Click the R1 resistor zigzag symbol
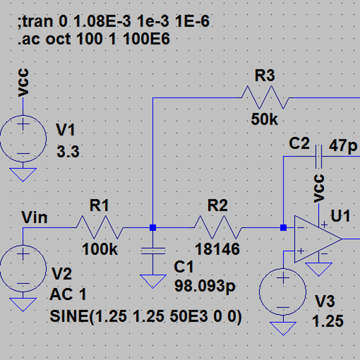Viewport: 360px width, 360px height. [x=100, y=227]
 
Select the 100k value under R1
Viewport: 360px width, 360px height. [x=100, y=250]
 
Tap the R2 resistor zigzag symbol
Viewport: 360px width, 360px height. [x=218, y=227]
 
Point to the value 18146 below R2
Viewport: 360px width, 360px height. [x=217, y=250]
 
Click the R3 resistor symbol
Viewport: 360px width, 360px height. [x=265, y=98]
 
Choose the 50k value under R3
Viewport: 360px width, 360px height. [x=265, y=119]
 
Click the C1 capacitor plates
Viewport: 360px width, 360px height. [x=153, y=251]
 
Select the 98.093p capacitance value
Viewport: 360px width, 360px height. [x=205, y=286]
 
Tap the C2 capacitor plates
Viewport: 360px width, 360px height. [x=319, y=157]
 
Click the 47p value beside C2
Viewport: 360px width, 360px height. [x=343, y=146]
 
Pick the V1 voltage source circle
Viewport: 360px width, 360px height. [x=23, y=139]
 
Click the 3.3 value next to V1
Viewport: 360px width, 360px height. [x=68, y=152]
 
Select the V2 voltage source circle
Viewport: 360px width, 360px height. [x=23, y=268]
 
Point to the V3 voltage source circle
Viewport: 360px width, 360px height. [x=283, y=292]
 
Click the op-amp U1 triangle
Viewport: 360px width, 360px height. [x=319, y=239]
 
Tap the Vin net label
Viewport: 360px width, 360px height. [x=34, y=217]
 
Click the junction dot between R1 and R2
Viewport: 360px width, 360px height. [x=153, y=227]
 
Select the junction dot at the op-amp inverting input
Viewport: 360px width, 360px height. [x=283, y=227]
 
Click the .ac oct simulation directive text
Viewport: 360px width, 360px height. [x=94, y=38]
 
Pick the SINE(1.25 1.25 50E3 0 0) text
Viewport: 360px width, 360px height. [x=146, y=316]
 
